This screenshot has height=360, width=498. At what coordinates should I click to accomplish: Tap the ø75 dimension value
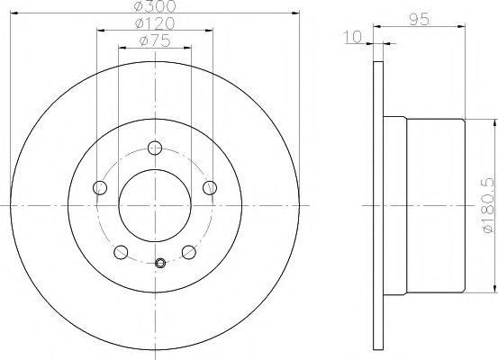point(155,41)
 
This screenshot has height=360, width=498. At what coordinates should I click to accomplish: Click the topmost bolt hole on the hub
point(155,148)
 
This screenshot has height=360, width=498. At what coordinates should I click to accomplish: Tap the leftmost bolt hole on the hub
point(100,187)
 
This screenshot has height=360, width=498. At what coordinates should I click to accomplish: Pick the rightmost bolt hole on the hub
point(211,187)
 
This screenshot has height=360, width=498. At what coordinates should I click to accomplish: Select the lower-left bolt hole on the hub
point(121,252)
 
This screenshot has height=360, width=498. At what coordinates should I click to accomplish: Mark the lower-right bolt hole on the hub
point(189,252)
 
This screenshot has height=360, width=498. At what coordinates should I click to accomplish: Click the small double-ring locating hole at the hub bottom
point(159,263)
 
